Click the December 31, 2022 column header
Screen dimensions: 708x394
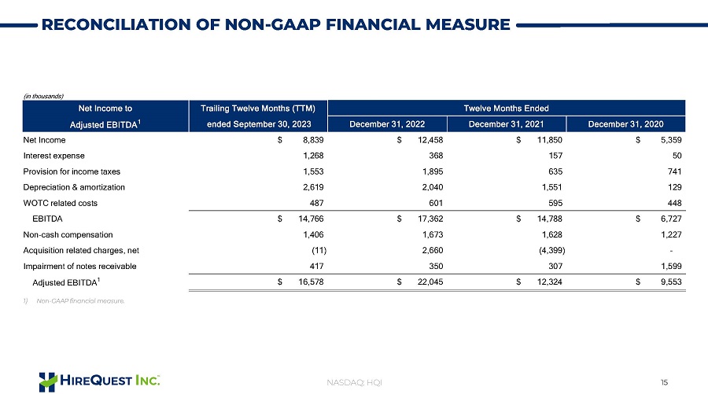(387, 124)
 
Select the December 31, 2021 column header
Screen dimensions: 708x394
(506, 124)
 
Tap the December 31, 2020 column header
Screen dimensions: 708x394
(626, 124)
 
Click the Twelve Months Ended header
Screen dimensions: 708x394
(506, 109)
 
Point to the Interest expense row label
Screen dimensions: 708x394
(53, 156)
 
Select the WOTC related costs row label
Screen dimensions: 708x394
(60, 203)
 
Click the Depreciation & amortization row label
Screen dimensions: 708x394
(74, 187)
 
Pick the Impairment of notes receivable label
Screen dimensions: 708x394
(79, 267)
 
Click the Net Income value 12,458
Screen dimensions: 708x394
(430, 140)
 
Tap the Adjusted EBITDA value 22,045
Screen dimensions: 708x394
(430, 282)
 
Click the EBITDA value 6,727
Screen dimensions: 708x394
(671, 219)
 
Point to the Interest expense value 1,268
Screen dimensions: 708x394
(313, 156)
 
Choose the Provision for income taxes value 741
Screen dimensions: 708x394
(674, 171)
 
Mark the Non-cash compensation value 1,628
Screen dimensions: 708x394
(552, 234)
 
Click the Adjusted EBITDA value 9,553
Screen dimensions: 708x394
(671, 282)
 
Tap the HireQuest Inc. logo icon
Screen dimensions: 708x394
(48, 382)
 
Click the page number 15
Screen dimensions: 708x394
(664, 382)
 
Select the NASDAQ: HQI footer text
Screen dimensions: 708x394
(354, 382)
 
